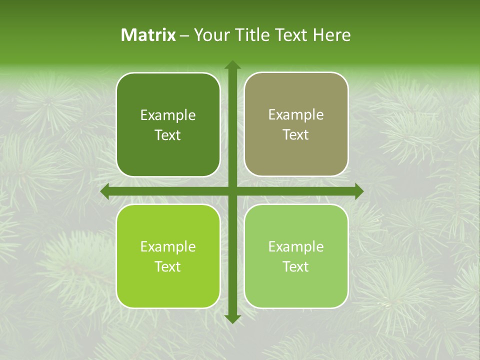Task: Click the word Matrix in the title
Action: point(148,35)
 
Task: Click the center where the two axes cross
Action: point(232,191)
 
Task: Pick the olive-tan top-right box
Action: point(296,155)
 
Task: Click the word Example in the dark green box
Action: point(168,115)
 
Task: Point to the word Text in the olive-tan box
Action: point(296,135)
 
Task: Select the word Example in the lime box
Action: point(168,246)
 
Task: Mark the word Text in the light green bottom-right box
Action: point(296,266)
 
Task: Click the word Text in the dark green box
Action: point(168,135)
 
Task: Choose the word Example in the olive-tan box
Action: point(296,115)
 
